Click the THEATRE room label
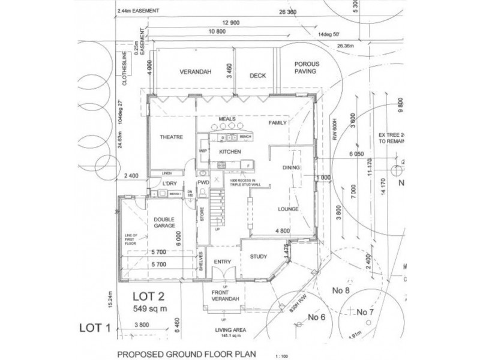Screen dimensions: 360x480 click(x=170, y=137)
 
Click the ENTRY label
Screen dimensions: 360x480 click(x=223, y=262)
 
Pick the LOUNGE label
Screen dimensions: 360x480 click(x=288, y=209)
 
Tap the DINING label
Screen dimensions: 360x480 click(x=290, y=168)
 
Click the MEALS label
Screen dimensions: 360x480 click(x=227, y=119)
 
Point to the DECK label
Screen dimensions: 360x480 click(x=257, y=76)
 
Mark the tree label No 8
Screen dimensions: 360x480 click(x=341, y=291)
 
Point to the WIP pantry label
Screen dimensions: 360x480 click(x=202, y=151)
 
